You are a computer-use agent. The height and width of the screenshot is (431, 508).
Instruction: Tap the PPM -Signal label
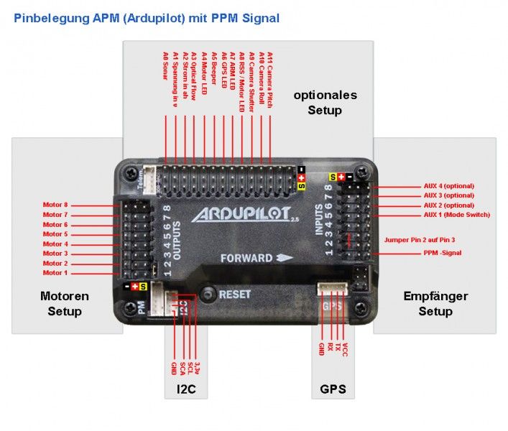[442, 253]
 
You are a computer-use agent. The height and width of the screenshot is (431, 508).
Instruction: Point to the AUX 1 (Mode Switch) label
[456, 215]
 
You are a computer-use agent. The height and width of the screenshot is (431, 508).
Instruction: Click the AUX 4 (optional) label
[448, 186]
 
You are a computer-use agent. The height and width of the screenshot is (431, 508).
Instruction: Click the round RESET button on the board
[208, 293]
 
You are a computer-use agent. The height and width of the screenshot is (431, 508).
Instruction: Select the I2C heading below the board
[186, 389]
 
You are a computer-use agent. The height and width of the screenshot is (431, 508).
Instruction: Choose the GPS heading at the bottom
[333, 389]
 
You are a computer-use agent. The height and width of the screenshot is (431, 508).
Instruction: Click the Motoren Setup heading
[65, 303]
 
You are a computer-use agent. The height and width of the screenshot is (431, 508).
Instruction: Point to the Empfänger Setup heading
[435, 303]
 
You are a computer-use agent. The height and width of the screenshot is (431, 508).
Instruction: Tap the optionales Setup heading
[325, 102]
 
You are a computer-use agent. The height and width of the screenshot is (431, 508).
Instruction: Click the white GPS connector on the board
[332, 288]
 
